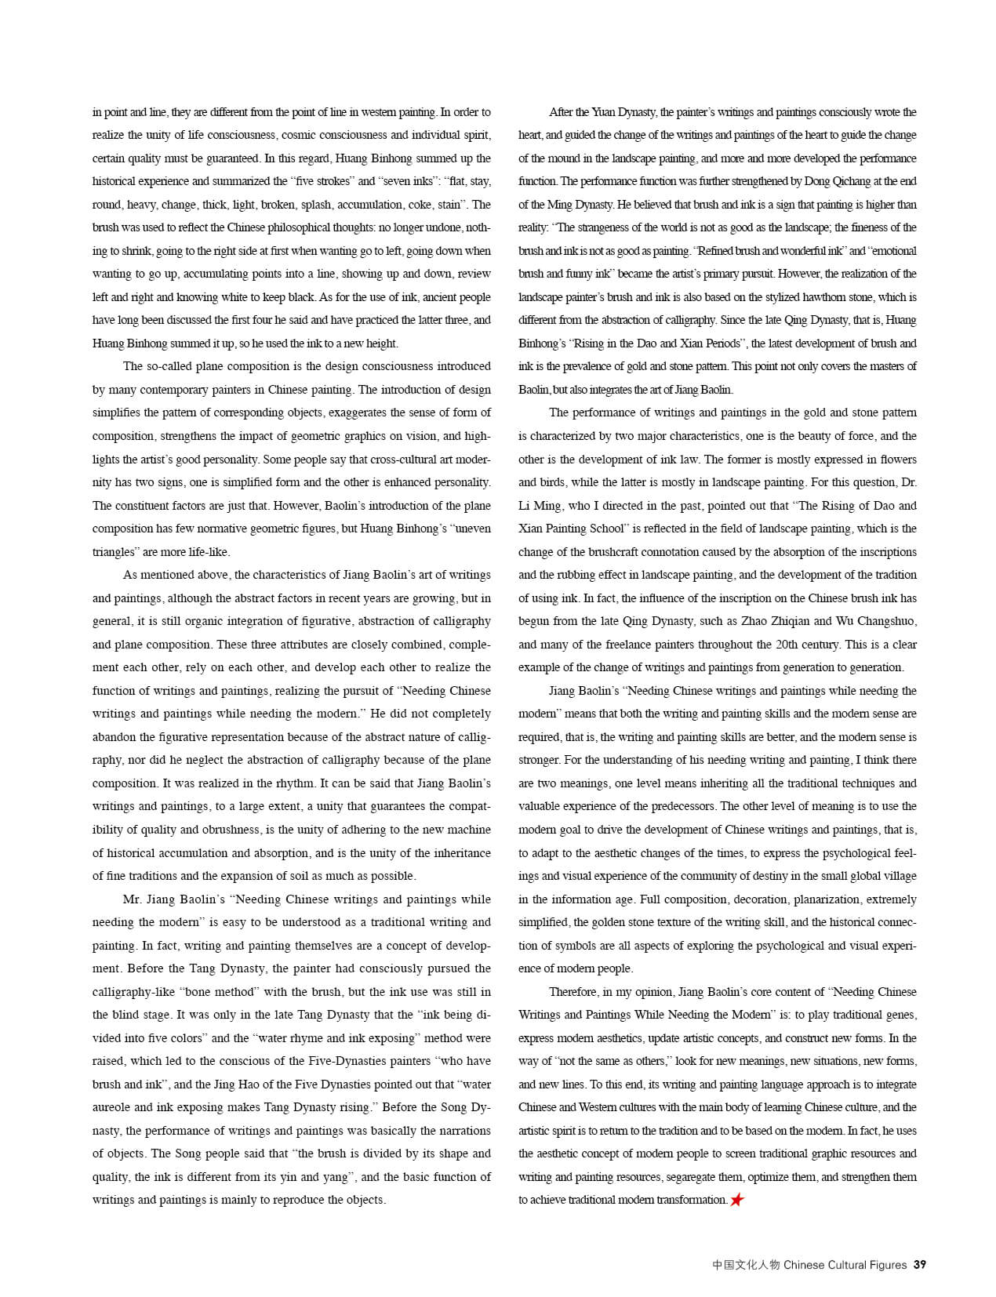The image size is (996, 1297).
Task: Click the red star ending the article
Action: (736, 1200)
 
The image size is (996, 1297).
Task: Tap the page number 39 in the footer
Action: (920, 1265)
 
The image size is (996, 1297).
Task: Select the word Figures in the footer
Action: (886, 1265)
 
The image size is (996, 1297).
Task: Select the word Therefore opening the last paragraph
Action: (573, 992)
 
